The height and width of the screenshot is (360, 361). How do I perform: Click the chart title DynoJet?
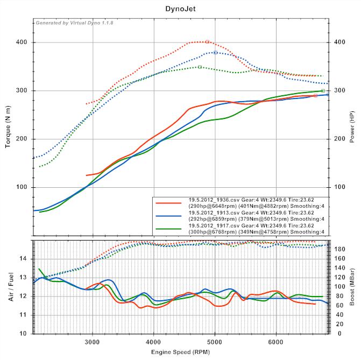(180, 9)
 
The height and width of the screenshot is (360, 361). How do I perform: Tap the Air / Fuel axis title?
(12, 286)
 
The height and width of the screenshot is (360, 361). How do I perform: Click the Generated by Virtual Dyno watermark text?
(77, 23)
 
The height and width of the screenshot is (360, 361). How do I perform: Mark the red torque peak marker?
(207, 41)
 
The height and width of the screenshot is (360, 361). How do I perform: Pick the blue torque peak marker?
(215, 52)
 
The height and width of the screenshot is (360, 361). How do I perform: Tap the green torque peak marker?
(200, 67)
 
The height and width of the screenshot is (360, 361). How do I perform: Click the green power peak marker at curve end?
(323, 91)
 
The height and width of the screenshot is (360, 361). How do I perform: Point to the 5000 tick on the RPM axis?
(215, 341)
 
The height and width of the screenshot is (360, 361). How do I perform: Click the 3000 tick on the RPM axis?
(93, 341)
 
